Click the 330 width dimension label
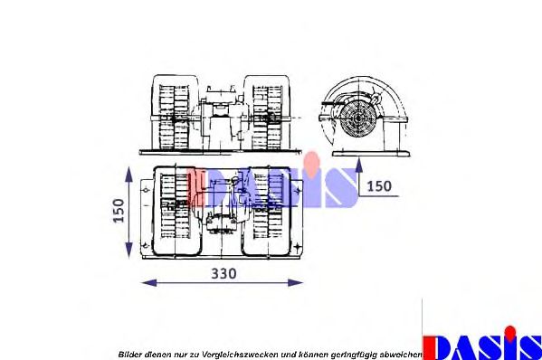223,274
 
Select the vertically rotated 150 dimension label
119,211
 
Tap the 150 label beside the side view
379,186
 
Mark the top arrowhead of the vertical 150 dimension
128,175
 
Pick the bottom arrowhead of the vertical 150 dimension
128,250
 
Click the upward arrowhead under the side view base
359,166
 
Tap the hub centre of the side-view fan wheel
357,118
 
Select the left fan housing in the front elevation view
176,112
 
